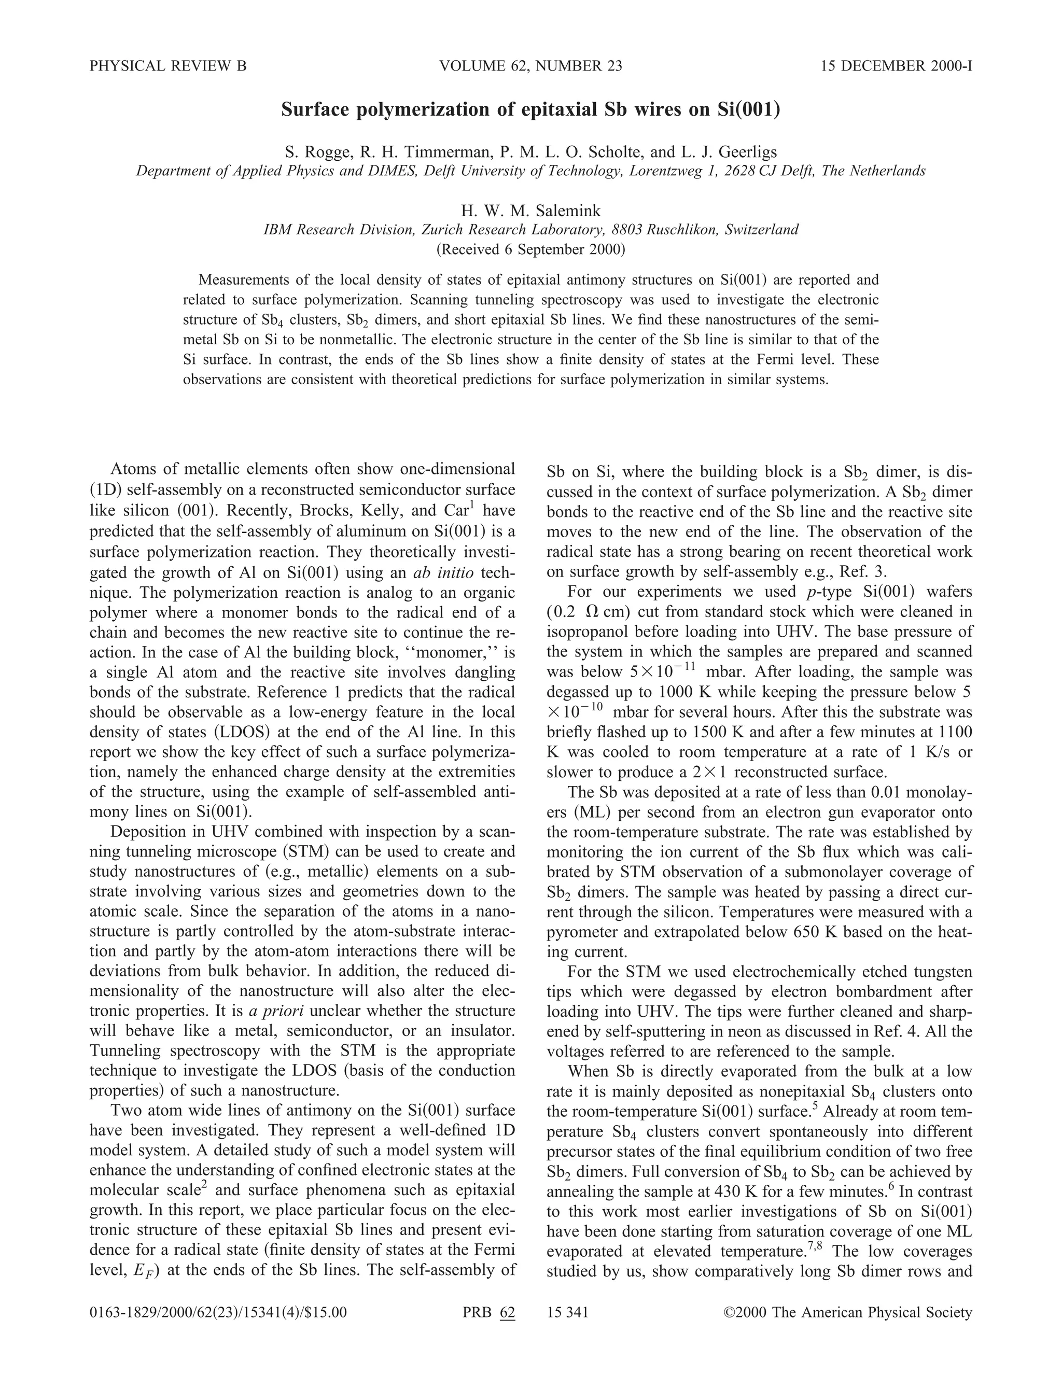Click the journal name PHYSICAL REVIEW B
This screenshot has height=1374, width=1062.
(x=168, y=66)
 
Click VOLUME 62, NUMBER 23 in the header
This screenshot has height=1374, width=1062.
(x=530, y=66)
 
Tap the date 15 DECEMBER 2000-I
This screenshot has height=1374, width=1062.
(x=897, y=66)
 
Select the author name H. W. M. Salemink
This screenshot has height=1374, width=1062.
(x=530, y=210)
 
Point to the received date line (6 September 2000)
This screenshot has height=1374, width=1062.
(x=530, y=249)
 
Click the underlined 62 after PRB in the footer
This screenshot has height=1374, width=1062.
(x=507, y=1313)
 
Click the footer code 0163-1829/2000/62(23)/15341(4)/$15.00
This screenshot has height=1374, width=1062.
(x=218, y=1313)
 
